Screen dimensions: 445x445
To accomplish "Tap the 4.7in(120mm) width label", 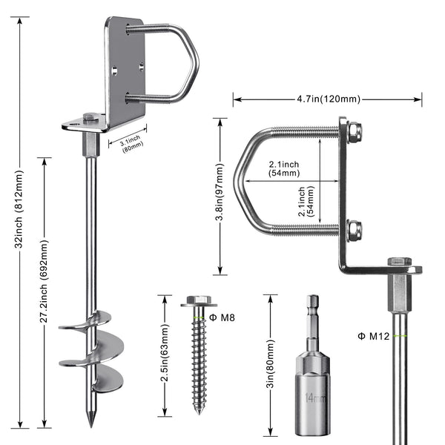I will click(x=328, y=99).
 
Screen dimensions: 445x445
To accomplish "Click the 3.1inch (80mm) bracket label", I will click(x=132, y=142).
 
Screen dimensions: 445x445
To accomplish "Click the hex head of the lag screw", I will click(x=199, y=300).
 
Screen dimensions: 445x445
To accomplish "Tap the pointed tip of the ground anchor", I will click(x=91, y=422).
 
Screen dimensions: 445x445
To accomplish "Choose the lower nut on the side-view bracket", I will click(x=355, y=231).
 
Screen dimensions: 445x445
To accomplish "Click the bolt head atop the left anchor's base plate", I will click(x=89, y=116).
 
